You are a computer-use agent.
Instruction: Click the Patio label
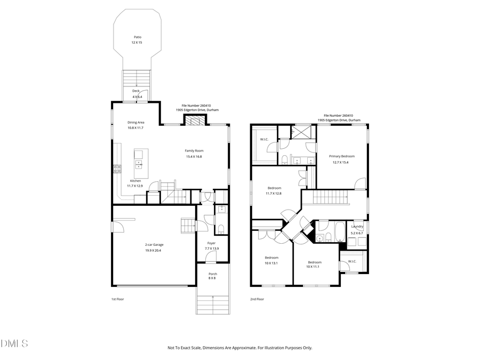coord(137,37)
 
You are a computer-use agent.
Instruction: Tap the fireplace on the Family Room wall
coord(194,120)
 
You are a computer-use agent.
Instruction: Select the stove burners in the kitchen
coord(117,169)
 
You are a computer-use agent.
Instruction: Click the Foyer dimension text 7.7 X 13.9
coord(212,249)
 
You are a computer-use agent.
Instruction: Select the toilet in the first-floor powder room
coord(221,229)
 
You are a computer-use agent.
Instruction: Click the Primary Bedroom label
coord(341,156)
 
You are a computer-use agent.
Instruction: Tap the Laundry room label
coord(357,227)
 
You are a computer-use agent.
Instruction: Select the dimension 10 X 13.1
coord(271,263)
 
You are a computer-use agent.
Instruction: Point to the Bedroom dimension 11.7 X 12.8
coord(275,193)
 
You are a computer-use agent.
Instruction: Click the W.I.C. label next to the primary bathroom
coord(264,140)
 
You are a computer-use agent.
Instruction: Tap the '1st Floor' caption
coord(118,299)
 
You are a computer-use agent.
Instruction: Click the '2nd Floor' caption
coord(257,299)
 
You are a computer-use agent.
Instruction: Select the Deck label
coord(137,91)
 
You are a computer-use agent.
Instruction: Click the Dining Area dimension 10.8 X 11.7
coord(135,128)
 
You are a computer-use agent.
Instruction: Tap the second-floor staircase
coord(331,199)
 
